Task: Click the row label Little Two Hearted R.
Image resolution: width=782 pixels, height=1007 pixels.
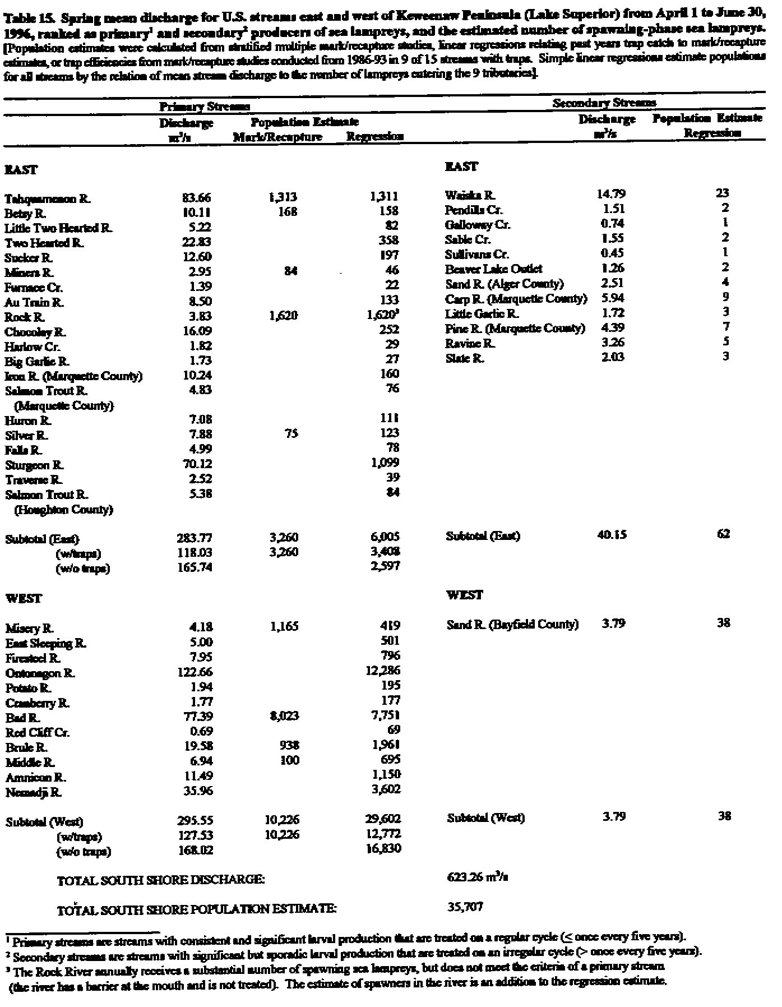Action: [59, 228]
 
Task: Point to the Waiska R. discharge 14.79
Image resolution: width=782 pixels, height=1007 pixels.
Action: [611, 195]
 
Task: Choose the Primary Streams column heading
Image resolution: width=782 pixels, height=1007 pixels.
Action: [205, 107]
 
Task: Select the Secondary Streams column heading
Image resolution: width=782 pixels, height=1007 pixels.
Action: [604, 103]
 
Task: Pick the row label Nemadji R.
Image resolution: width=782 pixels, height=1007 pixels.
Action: [33, 792]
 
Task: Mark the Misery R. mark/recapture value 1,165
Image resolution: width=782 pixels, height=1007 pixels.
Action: [284, 626]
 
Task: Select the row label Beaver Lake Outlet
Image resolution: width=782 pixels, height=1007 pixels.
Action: [494, 269]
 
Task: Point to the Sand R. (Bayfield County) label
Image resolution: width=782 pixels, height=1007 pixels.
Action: [512, 624]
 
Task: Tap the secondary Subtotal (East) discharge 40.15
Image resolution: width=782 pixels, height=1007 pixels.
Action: [611, 535]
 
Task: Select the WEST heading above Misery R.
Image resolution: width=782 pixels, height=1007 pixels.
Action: [25, 598]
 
